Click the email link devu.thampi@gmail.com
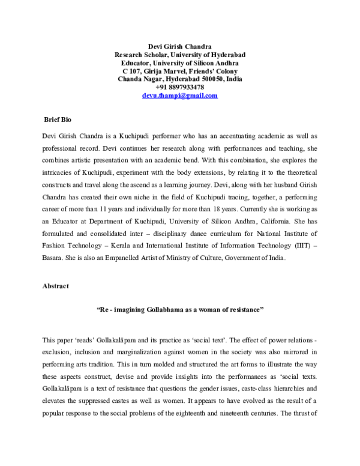coord(179,95)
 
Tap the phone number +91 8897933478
coord(179,87)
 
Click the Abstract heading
coord(55,286)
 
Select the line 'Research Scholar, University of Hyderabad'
coord(180,54)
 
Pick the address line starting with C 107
coord(180,71)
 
